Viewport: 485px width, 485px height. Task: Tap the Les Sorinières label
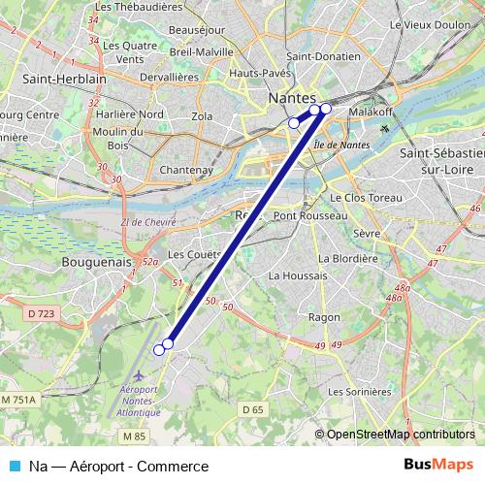tap(360, 392)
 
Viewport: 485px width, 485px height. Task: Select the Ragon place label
tap(323, 317)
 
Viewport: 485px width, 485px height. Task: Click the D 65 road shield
tap(253, 409)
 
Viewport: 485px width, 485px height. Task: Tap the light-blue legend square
tap(16, 467)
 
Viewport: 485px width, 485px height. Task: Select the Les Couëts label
tap(189, 254)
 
